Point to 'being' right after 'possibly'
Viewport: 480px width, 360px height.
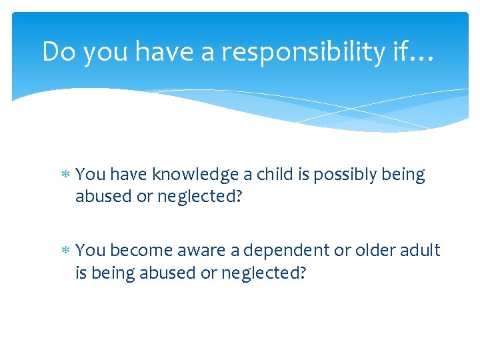pyautogui.click(x=403, y=175)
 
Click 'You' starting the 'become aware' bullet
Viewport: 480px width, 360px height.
pyautogui.click(x=91, y=251)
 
